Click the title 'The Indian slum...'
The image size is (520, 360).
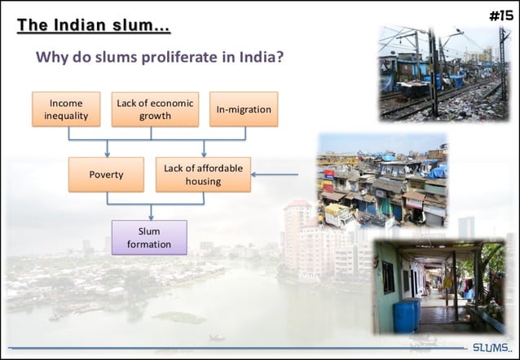click(94, 25)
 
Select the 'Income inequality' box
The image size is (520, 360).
click(66, 109)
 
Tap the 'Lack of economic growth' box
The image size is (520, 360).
click(155, 109)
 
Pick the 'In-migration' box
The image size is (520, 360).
click(244, 109)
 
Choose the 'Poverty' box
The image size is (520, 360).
click(107, 174)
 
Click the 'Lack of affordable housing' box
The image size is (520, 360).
click(203, 174)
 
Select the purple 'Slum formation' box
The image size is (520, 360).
click(149, 237)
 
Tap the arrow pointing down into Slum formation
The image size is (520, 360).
click(150, 213)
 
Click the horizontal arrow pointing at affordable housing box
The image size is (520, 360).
click(277, 174)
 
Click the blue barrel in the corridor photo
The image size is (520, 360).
click(406, 314)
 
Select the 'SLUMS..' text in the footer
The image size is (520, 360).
click(492, 349)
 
